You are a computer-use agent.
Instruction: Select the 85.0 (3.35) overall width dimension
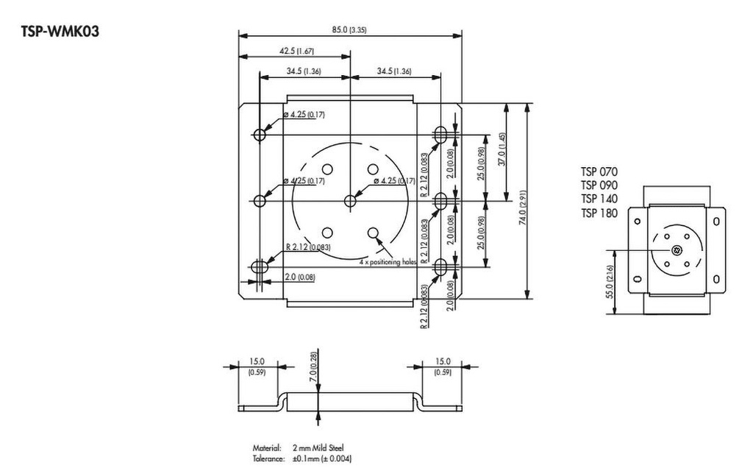[349, 29]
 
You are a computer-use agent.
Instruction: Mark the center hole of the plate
[350, 199]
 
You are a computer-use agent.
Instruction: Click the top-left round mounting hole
[260, 135]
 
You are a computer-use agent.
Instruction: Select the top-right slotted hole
[440, 135]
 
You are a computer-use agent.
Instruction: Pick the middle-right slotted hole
[440, 200]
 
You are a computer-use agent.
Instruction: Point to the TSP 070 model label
[599, 172]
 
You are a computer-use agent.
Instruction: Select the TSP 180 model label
[599, 212]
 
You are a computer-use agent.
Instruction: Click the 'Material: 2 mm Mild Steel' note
[297, 448]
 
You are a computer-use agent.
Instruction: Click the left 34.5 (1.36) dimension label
[302, 71]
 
